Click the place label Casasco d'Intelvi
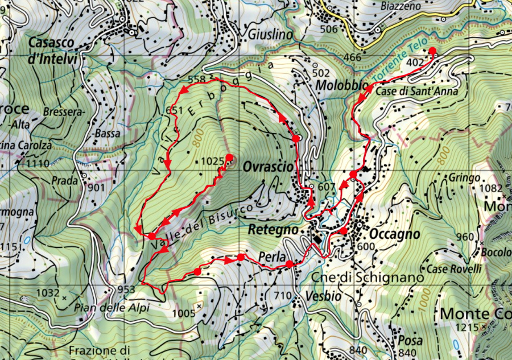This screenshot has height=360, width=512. pyautogui.click(x=52, y=50)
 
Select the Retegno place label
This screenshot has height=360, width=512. pyautogui.click(x=274, y=230)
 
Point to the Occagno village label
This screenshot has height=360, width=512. pyautogui.click(x=394, y=234)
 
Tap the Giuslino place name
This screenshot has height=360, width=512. pyautogui.click(x=270, y=35)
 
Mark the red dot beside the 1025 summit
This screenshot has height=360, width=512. pyautogui.click(x=229, y=157)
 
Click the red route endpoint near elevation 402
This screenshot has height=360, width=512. pyautogui.click(x=432, y=51)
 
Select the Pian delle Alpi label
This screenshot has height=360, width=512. pyautogui.click(x=112, y=308)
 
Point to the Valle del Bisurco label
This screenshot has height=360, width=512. pyautogui.click(x=202, y=225)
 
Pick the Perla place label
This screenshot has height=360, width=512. pyautogui.click(x=271, y=256)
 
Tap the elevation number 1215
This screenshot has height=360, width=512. pyautogui.click(x=466, y=328)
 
